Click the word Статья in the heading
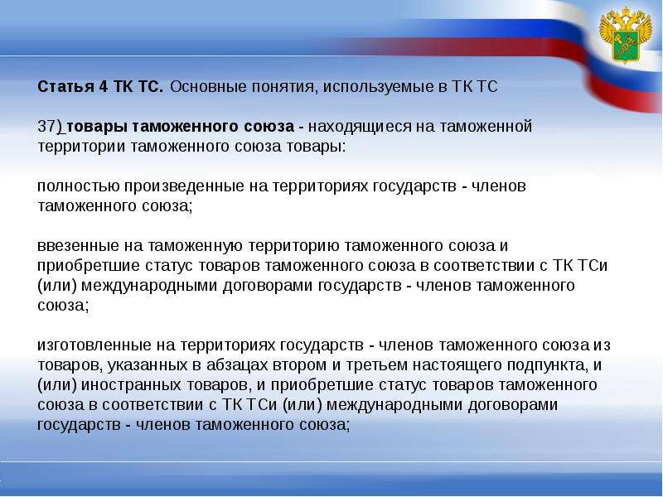coord(64,87)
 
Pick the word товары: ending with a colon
coord(317,147)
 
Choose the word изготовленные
coord(95,345)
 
